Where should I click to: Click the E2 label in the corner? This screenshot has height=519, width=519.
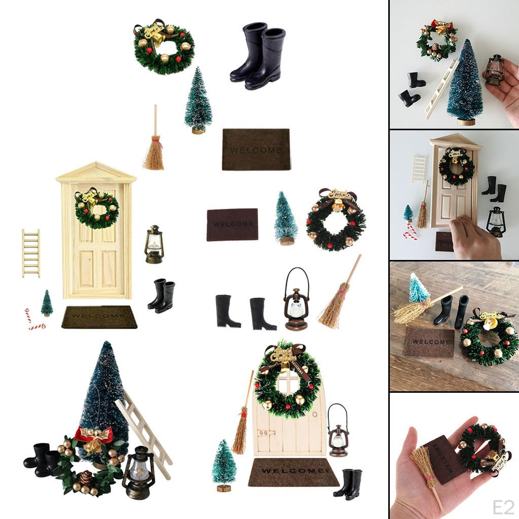[x=504, y=506]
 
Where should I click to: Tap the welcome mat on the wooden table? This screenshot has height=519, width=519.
[x=428, y=342]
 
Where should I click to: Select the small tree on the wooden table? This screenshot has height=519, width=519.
[x=419, y=288]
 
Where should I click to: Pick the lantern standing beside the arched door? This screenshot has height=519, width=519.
[x=338, y=431]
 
